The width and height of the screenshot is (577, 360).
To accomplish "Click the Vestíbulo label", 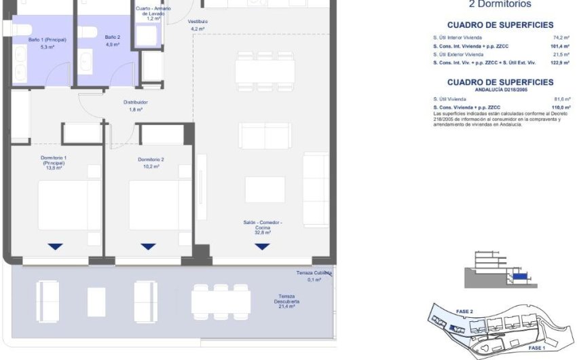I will (x=198, y=25).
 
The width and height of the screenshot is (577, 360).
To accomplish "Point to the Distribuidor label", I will (x=136, y=105).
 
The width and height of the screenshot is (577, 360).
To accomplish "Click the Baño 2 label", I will (x=113, y=41).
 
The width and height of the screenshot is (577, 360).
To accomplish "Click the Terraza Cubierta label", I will (x=314, y=276).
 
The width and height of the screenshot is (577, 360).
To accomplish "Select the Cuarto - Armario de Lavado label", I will (x=153, y=14).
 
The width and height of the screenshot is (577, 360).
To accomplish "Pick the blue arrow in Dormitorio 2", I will (x=148, y=247).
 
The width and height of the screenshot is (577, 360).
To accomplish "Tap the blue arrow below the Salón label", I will (x=262, y=247).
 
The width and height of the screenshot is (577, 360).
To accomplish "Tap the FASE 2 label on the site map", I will (x=464, y=311).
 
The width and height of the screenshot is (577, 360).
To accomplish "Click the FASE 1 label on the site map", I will (x=537, y=348).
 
